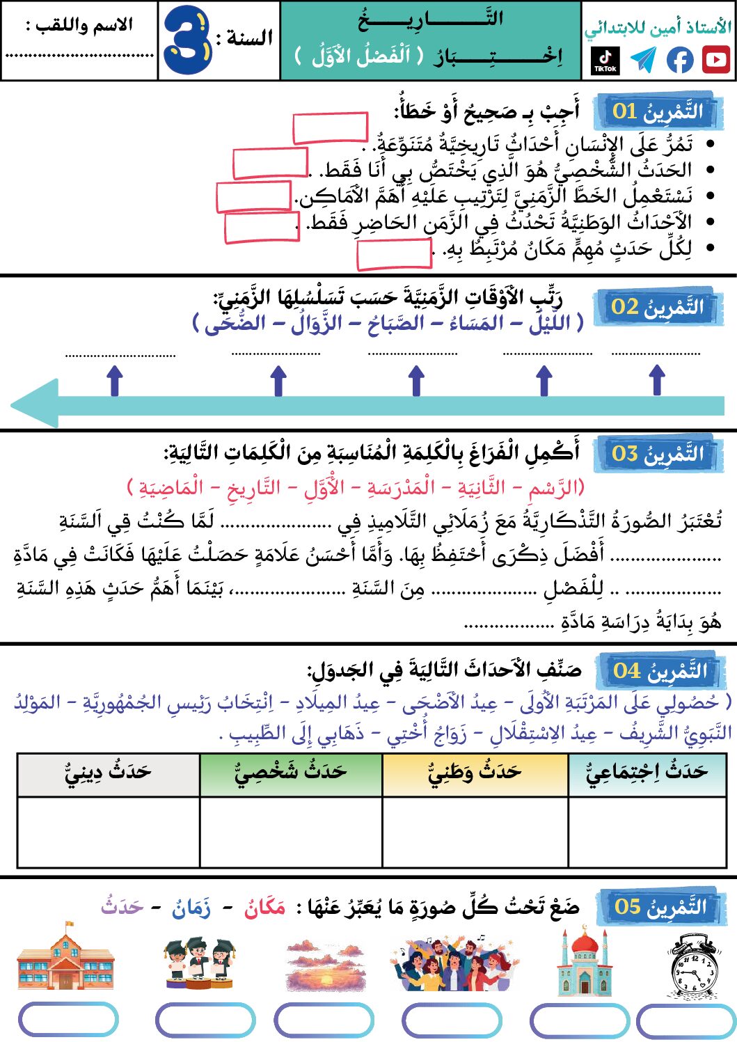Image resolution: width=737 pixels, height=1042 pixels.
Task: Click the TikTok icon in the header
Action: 605,60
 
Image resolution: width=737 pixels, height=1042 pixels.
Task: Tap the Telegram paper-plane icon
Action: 643,60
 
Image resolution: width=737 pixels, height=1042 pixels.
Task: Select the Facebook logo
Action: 680,60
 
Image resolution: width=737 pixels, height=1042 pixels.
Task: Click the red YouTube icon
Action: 715,60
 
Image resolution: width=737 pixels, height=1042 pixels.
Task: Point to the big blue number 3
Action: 187,40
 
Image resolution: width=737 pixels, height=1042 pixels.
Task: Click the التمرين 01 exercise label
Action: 657,111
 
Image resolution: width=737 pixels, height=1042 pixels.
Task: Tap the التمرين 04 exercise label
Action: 659,671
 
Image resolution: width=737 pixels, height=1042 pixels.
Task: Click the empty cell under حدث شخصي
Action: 291,832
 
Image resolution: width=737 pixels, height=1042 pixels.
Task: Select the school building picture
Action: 65,958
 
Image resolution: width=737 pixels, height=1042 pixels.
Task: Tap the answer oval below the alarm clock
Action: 686,1021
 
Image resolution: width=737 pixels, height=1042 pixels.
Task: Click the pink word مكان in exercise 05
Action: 264,907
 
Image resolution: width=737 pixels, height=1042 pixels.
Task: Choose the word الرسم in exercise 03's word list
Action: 554,487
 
